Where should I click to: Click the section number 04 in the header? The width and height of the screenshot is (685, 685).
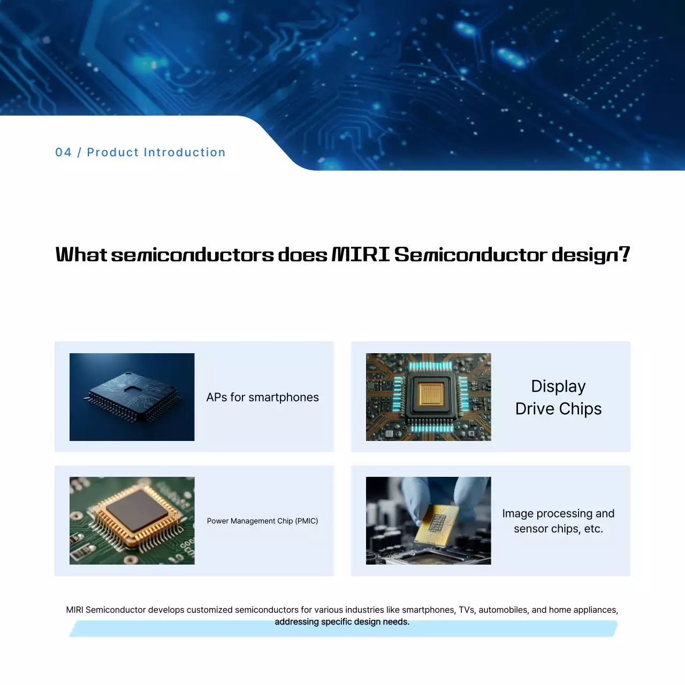[x=63, y=153]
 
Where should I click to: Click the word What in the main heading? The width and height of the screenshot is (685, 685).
[x=81, y=255]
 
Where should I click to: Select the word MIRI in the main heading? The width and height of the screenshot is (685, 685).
[x=361, y=255]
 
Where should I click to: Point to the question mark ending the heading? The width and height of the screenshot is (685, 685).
[x=624, y=254]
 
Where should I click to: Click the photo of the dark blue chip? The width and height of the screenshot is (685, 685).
[x=132, y=397]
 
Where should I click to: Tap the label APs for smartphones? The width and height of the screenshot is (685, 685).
[x=262, y=397]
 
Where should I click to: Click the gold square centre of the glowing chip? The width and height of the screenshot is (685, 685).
[x=431, y=394]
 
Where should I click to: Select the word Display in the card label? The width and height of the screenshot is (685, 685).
[x=558, y=386]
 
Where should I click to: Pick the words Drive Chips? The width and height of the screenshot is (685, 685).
[x=558, y=409]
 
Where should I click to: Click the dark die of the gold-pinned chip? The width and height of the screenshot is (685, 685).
[x=137, y=510]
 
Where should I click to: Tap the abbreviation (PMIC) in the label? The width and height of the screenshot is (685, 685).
[x=307, y=521]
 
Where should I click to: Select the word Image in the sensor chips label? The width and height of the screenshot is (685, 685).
[x=517, y=514]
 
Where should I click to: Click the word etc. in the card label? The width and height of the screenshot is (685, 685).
[x=593, y=529]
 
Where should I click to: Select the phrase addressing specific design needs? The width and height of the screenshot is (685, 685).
[x=342, y=622]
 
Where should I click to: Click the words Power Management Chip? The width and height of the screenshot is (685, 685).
[x=250, y=521]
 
